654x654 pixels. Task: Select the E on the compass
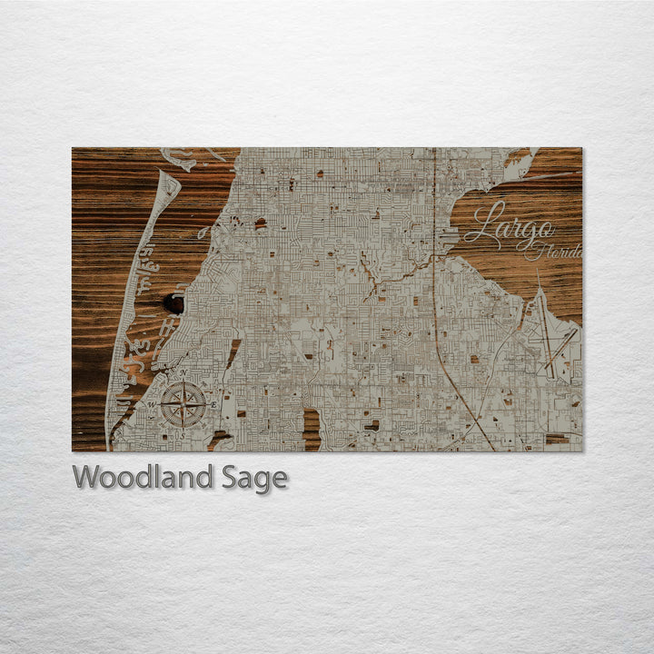point(213,404)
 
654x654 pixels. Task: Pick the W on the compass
point(154,404)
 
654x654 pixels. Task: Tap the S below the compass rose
point(183,435)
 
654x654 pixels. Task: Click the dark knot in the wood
point(172,303)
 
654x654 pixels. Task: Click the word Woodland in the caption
point(143,478)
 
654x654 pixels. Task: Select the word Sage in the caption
point(254,478)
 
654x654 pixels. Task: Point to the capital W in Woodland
point(85,478)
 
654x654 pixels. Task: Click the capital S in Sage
point(230,478)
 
